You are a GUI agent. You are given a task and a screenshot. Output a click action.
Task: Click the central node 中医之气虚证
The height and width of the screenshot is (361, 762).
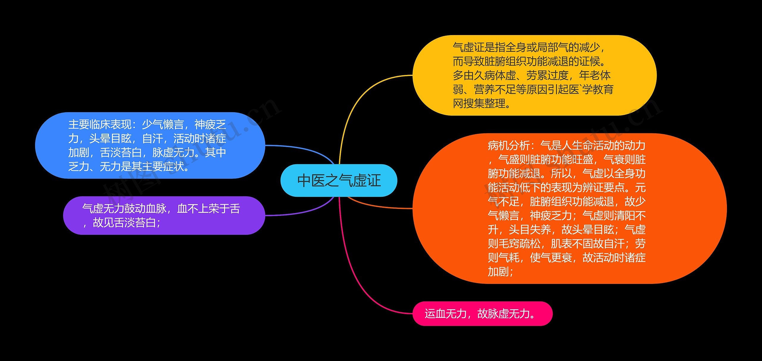[339, 180]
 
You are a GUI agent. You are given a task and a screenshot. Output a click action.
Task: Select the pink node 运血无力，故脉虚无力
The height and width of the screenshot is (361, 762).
[482, 314]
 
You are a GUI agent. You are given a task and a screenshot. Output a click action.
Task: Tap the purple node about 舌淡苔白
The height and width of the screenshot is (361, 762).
[164, 215]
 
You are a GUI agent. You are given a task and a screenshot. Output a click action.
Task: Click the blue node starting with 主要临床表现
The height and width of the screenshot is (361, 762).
[150, 146]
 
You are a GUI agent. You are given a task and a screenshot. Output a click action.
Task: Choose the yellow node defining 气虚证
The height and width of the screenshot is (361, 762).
[534, 75]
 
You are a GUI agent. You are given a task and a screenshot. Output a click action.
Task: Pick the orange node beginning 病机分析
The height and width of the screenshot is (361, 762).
[569, 208]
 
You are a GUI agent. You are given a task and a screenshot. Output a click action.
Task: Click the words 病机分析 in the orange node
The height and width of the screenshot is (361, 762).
[509, 146]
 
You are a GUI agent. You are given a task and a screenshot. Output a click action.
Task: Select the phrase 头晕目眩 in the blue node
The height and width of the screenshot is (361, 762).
[110, 138]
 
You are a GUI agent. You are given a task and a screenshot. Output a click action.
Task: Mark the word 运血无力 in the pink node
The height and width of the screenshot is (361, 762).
[445, 314]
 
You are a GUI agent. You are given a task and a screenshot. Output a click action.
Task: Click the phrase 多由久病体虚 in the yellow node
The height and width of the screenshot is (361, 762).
[484, 75]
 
